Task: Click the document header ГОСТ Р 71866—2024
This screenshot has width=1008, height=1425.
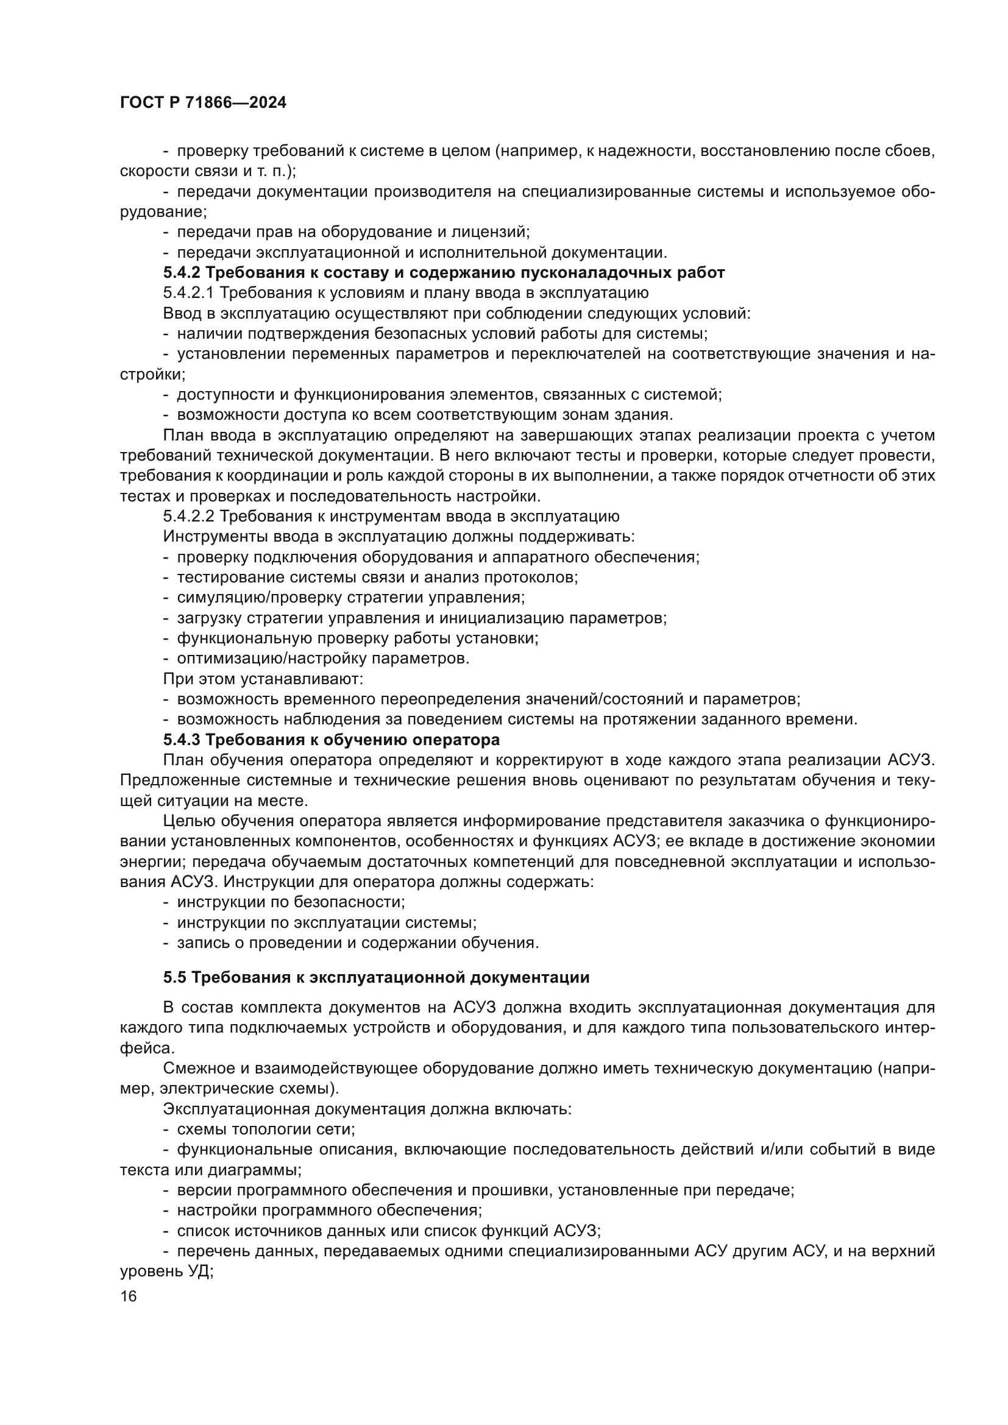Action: coord(203,103)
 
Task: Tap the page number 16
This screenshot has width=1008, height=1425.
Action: coord(129,1296)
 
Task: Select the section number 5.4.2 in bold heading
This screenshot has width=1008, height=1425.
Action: coord(182,273)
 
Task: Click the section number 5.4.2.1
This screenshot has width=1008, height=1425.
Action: coord(190,293)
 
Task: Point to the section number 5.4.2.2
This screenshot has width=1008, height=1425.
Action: coord(190,517)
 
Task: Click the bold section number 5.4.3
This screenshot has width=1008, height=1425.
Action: coord(182,740)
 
